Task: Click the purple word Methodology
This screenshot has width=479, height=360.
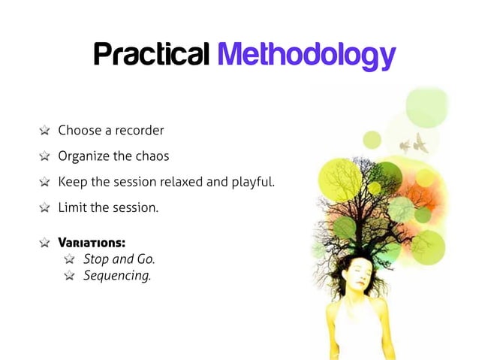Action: click(x=305, y=56)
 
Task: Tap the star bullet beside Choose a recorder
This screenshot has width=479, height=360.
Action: click(x=45, y=131)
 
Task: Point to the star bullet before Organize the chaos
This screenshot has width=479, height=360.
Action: click(x=45, y=157)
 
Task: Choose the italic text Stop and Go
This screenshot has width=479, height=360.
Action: click(x=119, y=259)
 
